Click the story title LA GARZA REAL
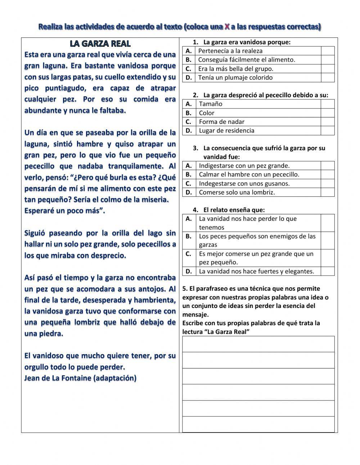100,44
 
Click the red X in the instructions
227,27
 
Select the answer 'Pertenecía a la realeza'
230,51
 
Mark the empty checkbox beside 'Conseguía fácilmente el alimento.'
328,60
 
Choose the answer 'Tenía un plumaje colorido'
235,77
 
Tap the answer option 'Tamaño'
211,104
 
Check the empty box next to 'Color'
328,113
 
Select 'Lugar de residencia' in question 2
226,130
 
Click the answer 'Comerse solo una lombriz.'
237,192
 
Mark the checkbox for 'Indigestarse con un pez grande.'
328,166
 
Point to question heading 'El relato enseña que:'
234,210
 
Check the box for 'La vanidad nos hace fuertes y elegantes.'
328,271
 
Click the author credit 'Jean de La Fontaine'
58,378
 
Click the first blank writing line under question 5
258,344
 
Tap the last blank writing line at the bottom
258,424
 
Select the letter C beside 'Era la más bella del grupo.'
188,68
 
